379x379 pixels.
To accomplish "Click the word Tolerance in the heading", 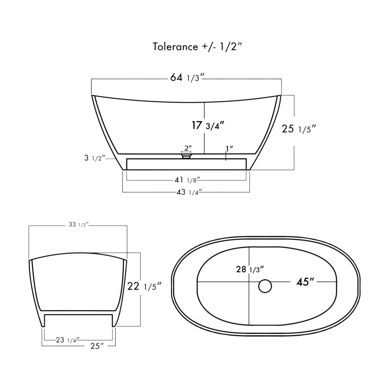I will (x=175, y=47).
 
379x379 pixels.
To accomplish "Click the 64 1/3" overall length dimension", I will (x=187, y=78).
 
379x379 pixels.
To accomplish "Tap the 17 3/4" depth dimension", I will (x=208, y=125).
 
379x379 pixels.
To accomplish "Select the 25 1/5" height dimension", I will (x=298, y=129).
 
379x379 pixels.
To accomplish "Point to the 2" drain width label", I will (x=186, y=148).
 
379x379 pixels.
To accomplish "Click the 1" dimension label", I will (x=229, y=149).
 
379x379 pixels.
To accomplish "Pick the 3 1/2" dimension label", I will (x=95, y=158).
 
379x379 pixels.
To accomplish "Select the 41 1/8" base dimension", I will (x=187, y=180).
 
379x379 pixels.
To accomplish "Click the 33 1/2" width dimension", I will (x=78, y=225).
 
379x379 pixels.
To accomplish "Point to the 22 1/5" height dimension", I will (x=144, y=287).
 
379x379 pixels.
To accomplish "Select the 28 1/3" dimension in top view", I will (x=249, y=269).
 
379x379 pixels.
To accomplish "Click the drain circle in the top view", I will (x=265, y=286).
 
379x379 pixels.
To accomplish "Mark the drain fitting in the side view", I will (x=186, y=156).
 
